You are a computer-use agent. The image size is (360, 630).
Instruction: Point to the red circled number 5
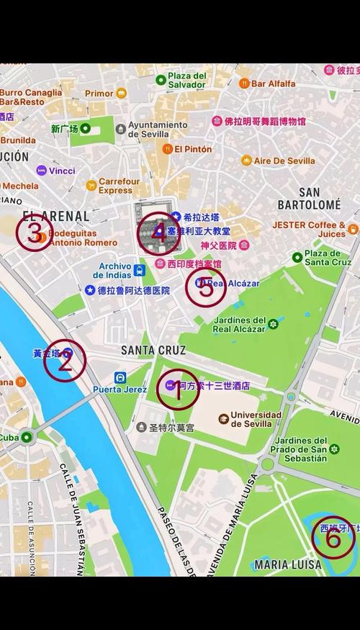pyautogui.click(x=206, y=289)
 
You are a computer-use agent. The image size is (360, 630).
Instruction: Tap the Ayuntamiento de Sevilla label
pyautogui.click(x=158, y=130)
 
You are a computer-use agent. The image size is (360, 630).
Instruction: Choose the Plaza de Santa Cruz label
pyautogui.click(x=327, y=257)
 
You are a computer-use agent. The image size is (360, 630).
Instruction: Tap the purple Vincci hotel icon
pyautogui.click(x=42, y=171)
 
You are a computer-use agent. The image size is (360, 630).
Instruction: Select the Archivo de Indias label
pyautogui.click(x=115, y=271)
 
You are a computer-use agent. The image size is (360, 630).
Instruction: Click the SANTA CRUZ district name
pyautogui.click(x=153, y=351)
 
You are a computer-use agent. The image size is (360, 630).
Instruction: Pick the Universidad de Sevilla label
pyautogui.click(x=256, y=419)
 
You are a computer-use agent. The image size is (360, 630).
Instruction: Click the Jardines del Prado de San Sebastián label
pyautogui.click(x=302, y=449)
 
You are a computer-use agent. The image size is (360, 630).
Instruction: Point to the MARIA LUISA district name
pyautogui.click(x=287, y=564)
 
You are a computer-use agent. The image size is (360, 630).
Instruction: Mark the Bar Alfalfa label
pyautogui.click(x=273, y=84)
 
